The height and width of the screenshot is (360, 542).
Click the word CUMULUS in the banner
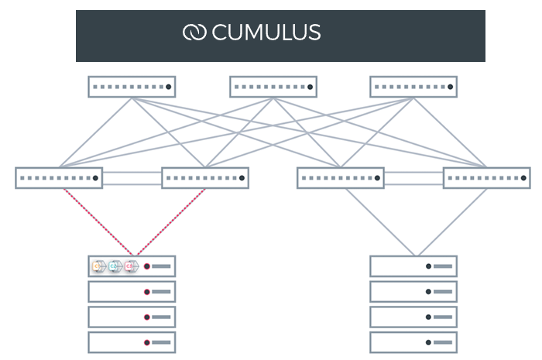[x=266, y=33]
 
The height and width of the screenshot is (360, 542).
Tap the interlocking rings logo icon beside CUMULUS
[x=194, y=33]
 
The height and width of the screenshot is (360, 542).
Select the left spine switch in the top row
[x=132, y=86]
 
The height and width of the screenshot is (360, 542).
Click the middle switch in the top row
[x=273, y=86]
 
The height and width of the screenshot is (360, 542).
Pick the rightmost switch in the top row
[x=413, y=86]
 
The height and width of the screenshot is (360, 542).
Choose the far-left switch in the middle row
[x=59, y=178]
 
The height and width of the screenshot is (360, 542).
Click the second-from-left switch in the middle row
[x=205, y=178]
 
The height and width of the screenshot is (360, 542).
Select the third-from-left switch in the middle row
[x=341, y=178]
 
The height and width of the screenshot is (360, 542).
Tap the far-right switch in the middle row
[x=487, y=178]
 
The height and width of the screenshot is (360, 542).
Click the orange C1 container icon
[x=99, y=266]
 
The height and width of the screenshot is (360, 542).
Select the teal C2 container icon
[x=115, y=266]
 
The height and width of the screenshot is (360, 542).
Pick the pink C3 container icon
[x=131, y=266]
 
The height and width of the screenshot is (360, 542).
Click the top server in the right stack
[x=413, y=266]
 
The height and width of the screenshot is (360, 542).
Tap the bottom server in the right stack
[x=413, y=342]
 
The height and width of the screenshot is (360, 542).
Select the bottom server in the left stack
[x=132, y=342]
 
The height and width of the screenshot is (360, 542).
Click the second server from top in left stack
[x=132, y=292]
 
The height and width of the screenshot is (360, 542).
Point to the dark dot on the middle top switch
[x=310, y=87]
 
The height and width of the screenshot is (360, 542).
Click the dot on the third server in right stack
[x=429, y=317]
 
